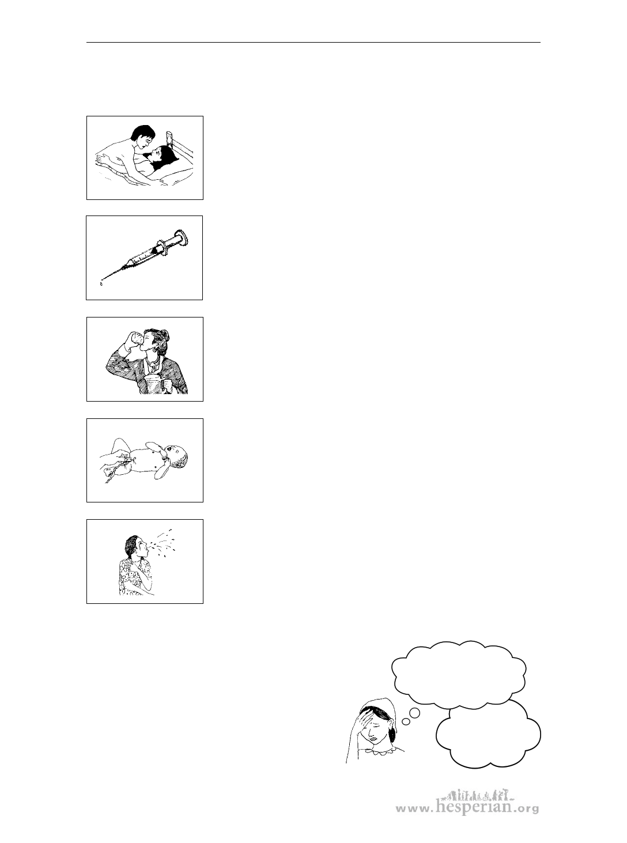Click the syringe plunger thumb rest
tap(183, 237)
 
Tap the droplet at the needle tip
tap(101, 283)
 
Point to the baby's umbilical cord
tap(114, 471)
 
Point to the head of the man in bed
tap(142, 137)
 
